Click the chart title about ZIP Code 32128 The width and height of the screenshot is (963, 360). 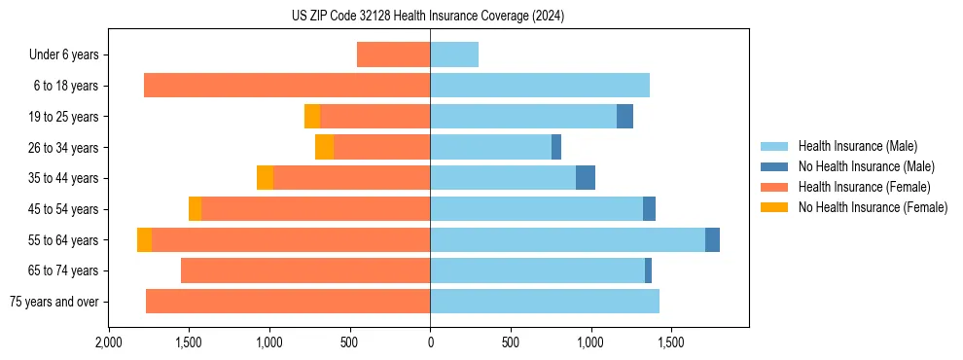click(x=428, y=17)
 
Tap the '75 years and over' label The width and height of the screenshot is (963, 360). click(x=54, y=302)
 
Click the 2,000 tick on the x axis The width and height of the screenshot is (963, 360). click(x=109, y=342)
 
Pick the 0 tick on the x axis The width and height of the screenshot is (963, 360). click(x=430, y=342)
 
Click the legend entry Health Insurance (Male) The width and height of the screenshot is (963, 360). click(x=857, y=146)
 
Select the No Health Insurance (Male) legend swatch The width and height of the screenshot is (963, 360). click(x=774, y=166)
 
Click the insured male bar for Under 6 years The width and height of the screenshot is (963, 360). click(x=454, y=54)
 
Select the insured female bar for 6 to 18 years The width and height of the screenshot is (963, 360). click(x=287, y=86)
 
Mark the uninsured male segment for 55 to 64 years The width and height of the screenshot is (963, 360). click(x=712, y=239)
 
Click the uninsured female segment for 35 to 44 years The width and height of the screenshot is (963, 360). click(x=265, y=178)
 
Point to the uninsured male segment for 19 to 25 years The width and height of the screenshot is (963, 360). click(x=624, y=117)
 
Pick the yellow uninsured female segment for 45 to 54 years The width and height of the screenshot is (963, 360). click(x=195, y=209)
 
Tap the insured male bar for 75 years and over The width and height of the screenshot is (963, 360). click(x=545, y=302)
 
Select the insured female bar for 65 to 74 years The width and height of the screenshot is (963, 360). click(x=305, y=270)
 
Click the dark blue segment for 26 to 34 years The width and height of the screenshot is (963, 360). click(x=556, y=147)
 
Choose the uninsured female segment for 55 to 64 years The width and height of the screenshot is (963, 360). click(x=144, y=239)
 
